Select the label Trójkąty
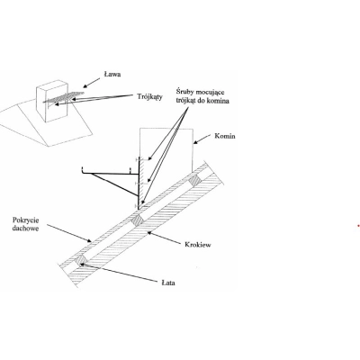150,96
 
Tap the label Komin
225,136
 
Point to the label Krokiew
198,245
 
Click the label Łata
168,283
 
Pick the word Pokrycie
26,220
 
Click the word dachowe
26,229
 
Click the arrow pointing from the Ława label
91,82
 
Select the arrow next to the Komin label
202,139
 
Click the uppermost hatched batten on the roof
195,180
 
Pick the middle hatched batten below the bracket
138,220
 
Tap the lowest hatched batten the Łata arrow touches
81,260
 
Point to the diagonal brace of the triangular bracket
113,184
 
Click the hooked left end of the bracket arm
83,170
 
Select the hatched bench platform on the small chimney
64,97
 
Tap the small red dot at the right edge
358,226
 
